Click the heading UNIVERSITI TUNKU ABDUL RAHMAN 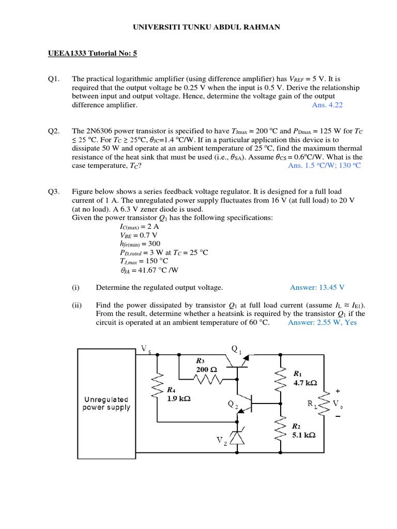tap(198, 27)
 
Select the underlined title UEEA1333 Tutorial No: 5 tap(92, 53)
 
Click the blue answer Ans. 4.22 tap(327, 104)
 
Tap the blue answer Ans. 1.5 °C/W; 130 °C tap(324, 165)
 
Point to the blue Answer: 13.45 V tap(317, 287)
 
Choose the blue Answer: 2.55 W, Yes tap(322, 322)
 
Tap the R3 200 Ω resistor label tap(205, 365)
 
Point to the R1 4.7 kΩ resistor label tap(305, 378)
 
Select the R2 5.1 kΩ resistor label tap(303, 431)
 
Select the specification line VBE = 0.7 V tap(136, 235)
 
